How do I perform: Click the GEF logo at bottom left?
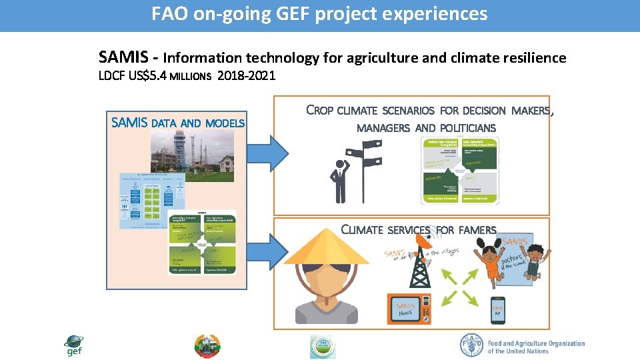pyautogui.click(x=73, y=345)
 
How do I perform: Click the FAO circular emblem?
pyautogui.click(x=472, y=345)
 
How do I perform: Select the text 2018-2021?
pyautogui.click(x=246, y=76)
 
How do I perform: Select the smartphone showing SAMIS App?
pyautogui.click(x=497, y=311)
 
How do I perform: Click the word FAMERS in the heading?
pyautogui.click(x=477, y=230)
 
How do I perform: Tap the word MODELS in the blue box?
pyautogui.click(x=225, y=123)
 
